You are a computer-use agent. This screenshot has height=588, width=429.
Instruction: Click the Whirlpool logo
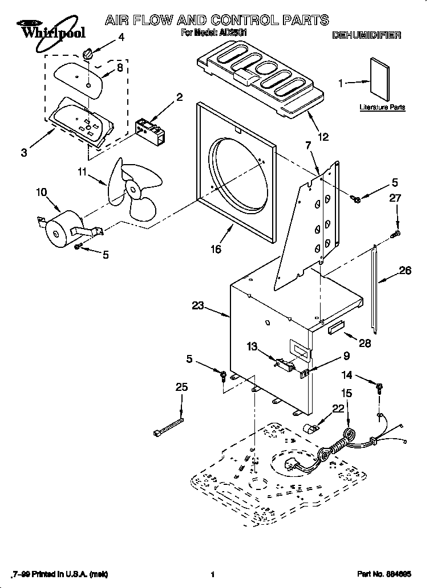(x=43, y=29)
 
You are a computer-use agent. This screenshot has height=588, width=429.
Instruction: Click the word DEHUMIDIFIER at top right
(x=366, y=35)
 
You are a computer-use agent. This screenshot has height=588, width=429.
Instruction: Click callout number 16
(x=216, y=248)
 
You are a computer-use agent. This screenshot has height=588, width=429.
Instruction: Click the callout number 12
(x=323, y=136)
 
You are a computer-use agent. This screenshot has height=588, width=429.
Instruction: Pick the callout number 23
(x=197, y=306)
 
